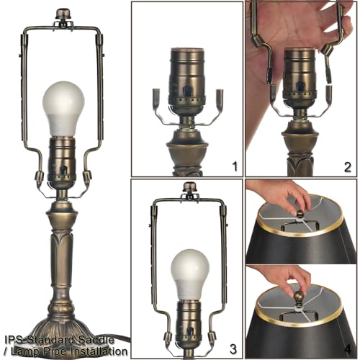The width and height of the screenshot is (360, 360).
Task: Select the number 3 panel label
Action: click(233, 348)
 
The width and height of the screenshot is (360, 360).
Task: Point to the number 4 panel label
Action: click(347, 348)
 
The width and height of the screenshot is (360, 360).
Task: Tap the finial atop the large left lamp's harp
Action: click(63, 14)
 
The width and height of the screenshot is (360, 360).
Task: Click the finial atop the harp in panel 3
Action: click(189, 188)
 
